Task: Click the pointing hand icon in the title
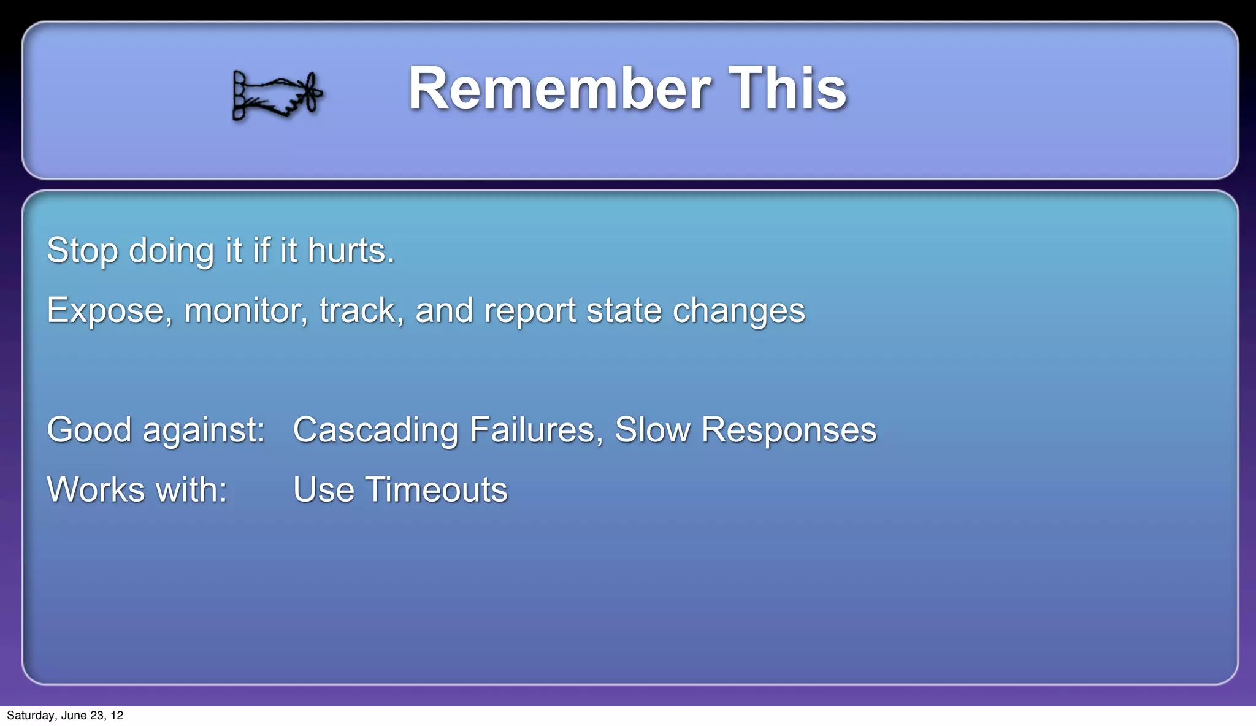coord(277,95)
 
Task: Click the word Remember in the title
coord(559,89)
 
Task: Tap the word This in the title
coord(787,89)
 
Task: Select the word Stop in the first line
coord(82,251)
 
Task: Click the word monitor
coord(245,310)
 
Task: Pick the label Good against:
coord(156,430)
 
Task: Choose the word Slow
coord(652,429)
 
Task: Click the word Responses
coord(789,430)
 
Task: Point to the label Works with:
coord(137,490)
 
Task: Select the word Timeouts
coord(436,490)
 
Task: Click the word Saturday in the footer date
coord(31,716)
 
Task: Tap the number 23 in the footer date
coord(97,716)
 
